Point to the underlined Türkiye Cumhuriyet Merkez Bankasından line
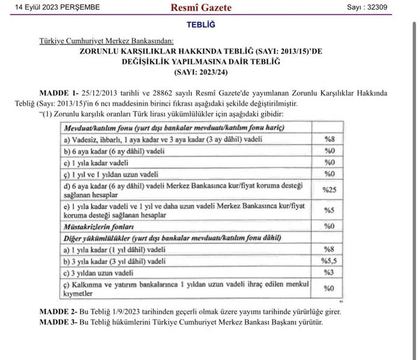[106, 41]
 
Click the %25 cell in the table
[328, 190]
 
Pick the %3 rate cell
[328, 273]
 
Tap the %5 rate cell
[328, 210]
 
